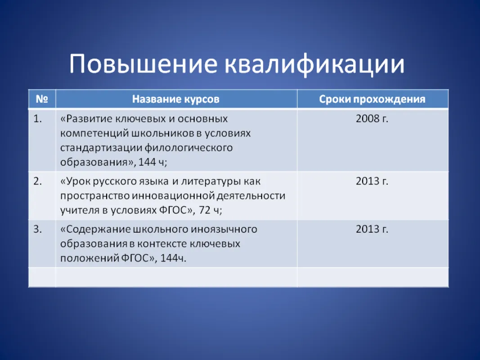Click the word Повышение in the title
tap(143, 63)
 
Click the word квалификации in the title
tap(315, 64)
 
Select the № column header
tap(42, 99)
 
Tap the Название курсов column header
tap(176, 99)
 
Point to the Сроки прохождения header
tap(372, 99)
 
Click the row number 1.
tap(38, 119)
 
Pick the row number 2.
tap(38, 181)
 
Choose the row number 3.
tap(38, 229)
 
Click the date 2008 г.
tap(372, 119)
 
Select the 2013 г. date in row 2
tap(372, 181)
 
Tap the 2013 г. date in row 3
tap(372, 229)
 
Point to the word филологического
tap(188, 148)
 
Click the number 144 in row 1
tap(147, 162)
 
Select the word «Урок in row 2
tap(75, 181)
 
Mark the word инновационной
tap(173, 196)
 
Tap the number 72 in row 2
tap(205, 210)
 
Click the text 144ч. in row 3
tap(173, 258)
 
